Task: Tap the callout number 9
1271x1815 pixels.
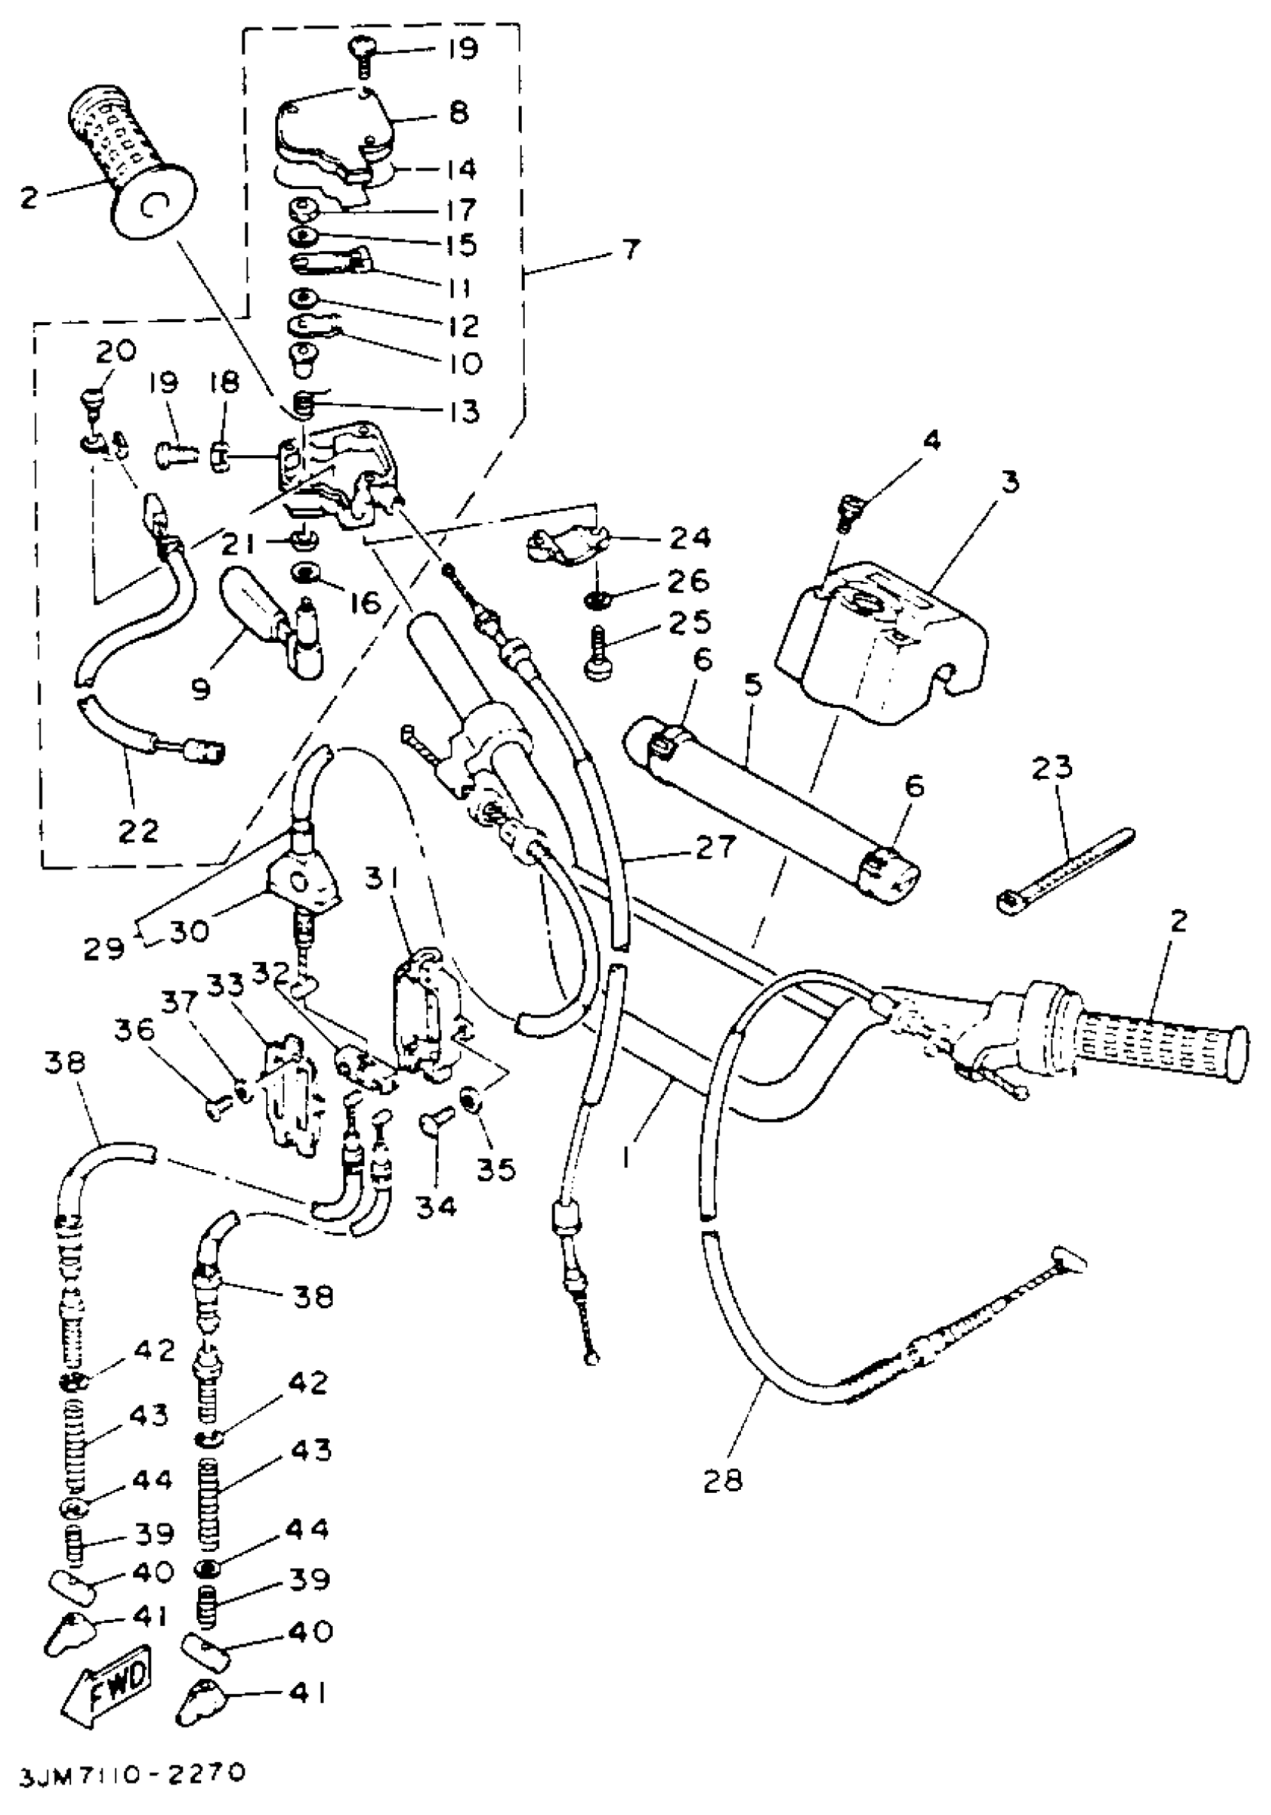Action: [202, 689]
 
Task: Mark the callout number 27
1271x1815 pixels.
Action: [715, 848]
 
